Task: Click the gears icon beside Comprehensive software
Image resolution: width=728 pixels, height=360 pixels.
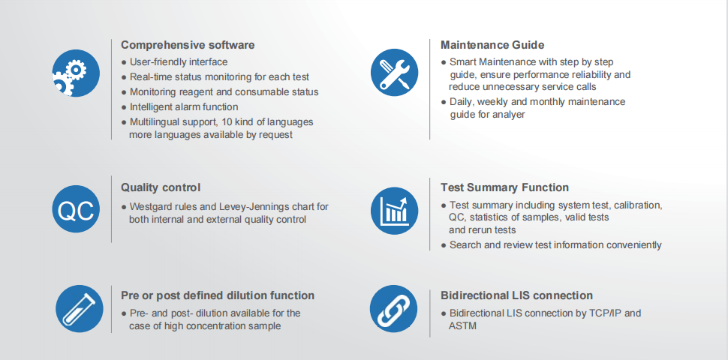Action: point(76,73)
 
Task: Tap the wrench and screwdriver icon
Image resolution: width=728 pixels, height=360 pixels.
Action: point(394,72)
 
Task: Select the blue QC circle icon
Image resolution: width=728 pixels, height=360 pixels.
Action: point(76,208)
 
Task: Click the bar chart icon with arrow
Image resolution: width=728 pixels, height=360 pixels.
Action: point(394,211)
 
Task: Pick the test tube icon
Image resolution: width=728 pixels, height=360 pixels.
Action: point(80,308)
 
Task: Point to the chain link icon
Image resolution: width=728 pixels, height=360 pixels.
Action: point(394,308)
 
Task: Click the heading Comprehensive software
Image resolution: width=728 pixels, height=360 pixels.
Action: point(188,45)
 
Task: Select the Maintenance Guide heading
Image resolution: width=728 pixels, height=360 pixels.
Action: point(492,45)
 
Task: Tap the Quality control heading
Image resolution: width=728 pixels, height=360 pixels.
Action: point(161,187)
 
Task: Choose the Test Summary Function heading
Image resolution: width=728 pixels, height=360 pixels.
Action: point(504,187)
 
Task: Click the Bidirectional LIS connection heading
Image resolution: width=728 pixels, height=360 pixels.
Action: point(516,295)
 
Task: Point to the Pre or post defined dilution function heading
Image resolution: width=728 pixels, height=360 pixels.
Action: point(218,295)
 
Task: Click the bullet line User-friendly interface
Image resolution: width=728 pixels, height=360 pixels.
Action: point(179,61)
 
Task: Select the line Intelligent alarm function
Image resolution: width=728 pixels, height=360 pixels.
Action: point(184,106)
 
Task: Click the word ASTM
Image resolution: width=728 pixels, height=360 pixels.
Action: point(462,326)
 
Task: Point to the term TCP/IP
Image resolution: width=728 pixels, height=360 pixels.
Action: point(596,313)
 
